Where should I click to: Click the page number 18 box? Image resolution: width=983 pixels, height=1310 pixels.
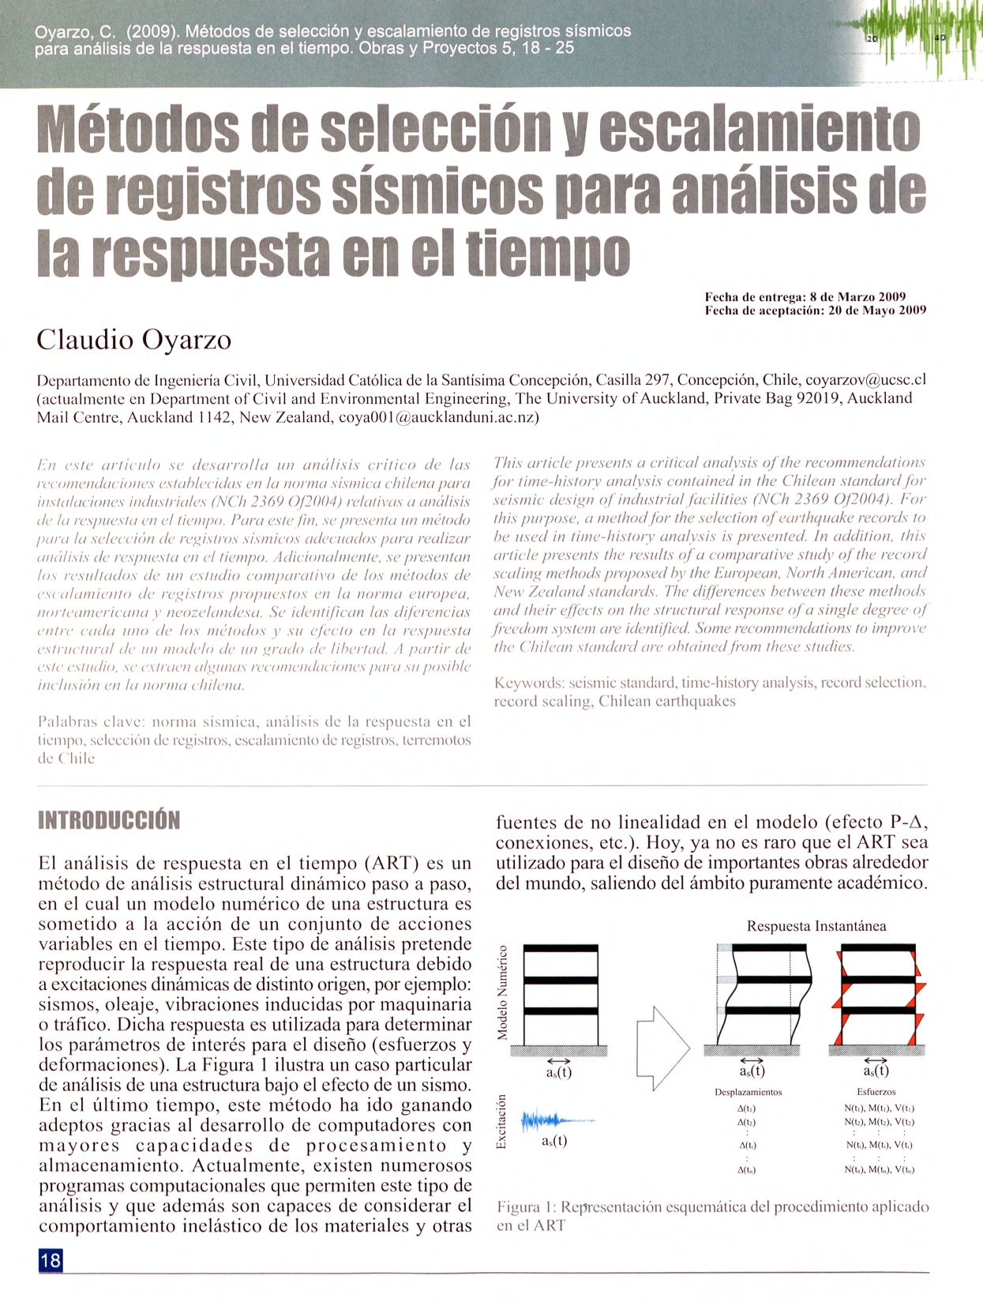51,1259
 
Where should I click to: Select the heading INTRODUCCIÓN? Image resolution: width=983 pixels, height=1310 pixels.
109,820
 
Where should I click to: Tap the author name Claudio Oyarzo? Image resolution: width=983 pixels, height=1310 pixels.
134,340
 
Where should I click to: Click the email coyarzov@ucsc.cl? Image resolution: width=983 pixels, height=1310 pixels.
865,379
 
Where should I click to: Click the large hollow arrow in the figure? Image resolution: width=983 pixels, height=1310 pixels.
662,1048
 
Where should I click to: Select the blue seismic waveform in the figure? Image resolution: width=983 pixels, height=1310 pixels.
553,1120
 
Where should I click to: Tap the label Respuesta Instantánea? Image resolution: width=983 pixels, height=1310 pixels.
816,926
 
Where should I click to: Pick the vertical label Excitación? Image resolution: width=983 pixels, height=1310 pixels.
502,1122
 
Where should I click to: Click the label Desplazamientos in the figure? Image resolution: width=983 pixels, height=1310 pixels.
748,1092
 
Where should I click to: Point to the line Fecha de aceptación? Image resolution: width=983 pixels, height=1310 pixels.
815,311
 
